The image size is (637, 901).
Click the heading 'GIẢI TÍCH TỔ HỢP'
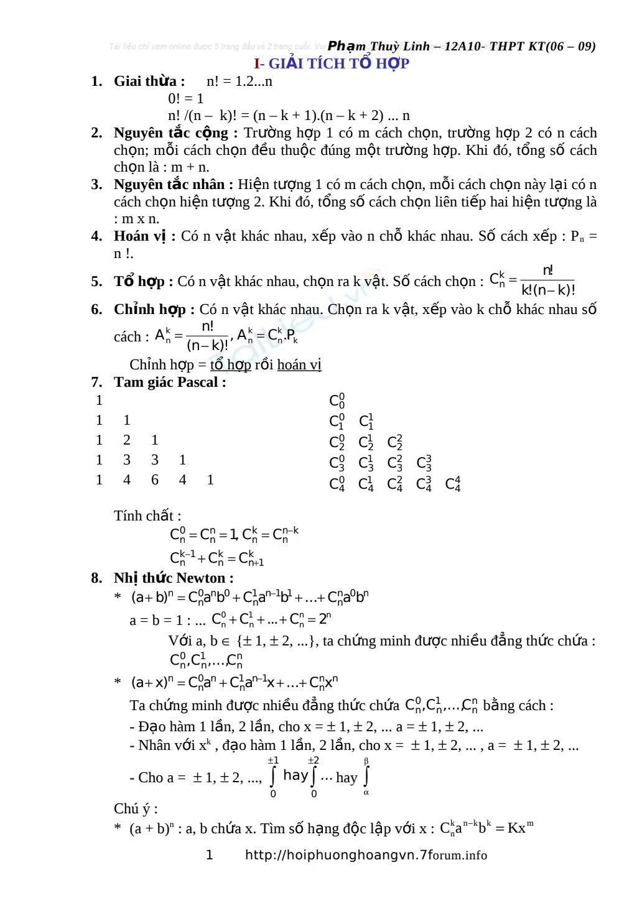(x=339, y=63)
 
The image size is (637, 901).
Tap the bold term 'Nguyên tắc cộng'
(x=170, y=133)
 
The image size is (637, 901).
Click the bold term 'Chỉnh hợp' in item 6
(x=149, y=310)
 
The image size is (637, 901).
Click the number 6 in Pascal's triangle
(x=155, y=480)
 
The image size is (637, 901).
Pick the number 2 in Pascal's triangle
(x=127, y=440)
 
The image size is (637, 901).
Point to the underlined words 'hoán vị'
(x=299, y=365)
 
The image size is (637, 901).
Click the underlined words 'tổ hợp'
(x=230, y=365)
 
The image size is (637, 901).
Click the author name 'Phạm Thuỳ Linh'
(x=378, y=47)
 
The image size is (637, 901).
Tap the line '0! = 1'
(x=186, y=99)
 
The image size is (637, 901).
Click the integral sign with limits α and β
(x=366, y=777)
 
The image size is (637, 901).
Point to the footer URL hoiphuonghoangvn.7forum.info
(x=366, y=855)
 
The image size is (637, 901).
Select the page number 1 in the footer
(x=210, y=855)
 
